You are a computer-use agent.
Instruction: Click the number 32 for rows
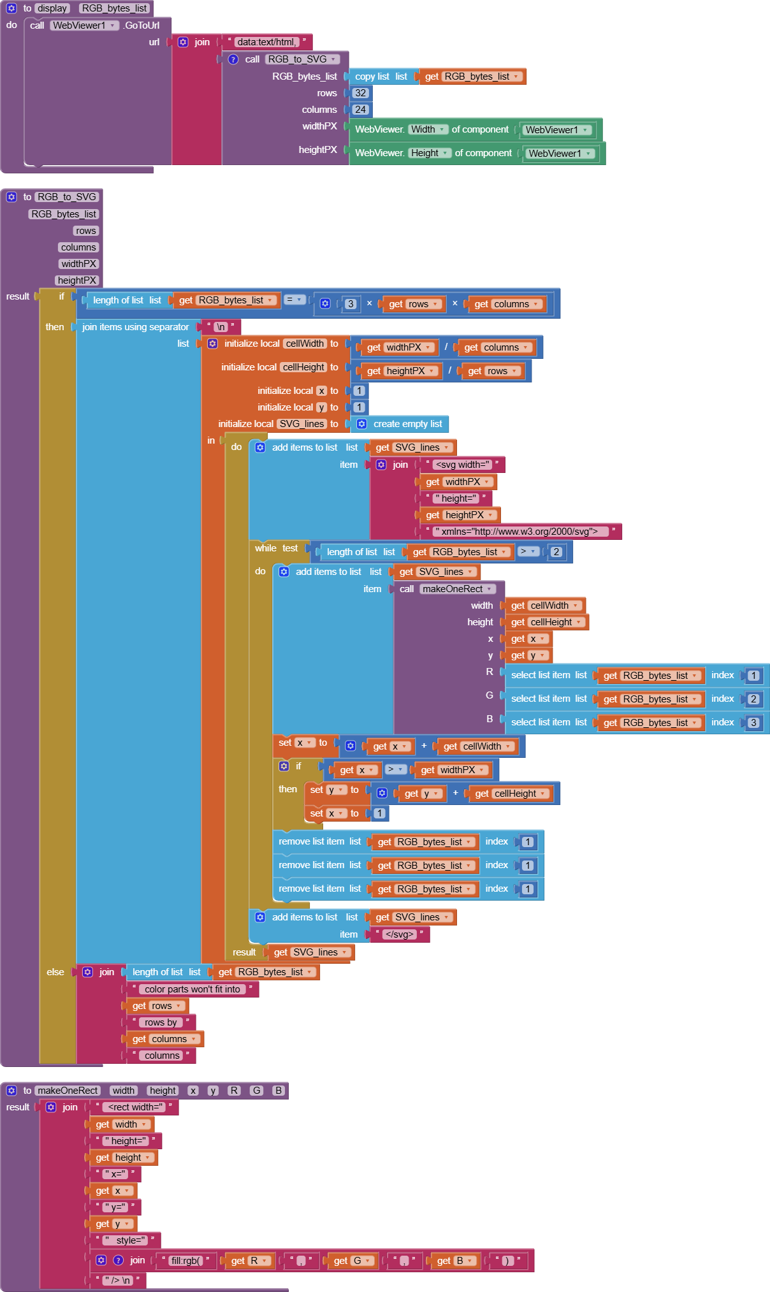(x=360, y=93)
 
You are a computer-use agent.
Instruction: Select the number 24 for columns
(x=360, y=110)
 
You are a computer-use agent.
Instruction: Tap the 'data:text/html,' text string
(x=266, y=42)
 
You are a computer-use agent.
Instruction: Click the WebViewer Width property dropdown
(x=428, y=129)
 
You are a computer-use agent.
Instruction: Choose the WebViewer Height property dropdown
(x=430, y=153)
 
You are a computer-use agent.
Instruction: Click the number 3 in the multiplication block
(x=350, y=304)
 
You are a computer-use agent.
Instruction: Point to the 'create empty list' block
(x=407, y=424)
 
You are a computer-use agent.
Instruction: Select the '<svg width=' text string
(x=462, y=465)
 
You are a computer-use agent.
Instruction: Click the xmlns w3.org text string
(x=516, y=532)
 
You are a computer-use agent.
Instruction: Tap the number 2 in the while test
(x=556, y=552)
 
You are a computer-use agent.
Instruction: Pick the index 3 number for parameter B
(x=753, y=723)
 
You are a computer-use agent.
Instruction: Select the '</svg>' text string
(x=399, y=934)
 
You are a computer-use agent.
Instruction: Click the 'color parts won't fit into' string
(x=192, y=989)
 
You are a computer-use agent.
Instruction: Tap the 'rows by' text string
(x=160, y=1022)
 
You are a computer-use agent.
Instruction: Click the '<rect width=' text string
(x=134, y=1107)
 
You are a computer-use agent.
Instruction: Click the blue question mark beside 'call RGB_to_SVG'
(x=233, y=59)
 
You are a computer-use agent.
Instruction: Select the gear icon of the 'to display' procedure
(x=11, y=8)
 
